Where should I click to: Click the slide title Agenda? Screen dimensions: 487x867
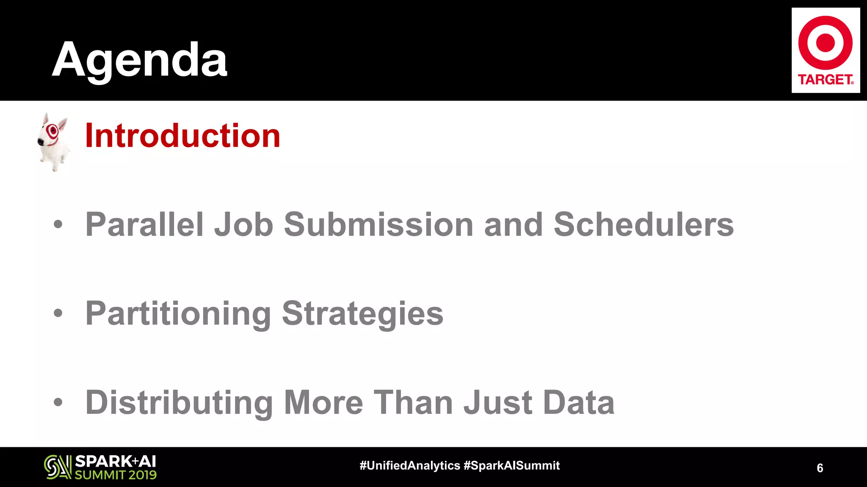click(139, 60)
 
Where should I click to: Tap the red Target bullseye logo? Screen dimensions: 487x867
click(825, 43)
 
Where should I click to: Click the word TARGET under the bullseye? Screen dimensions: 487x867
click(825, 79)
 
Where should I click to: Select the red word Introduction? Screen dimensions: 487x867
click(182, 136)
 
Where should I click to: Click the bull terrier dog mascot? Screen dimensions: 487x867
click(53, 142)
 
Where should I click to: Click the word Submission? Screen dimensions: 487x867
click(378, 224)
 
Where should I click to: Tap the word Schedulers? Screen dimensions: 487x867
click(643, 224)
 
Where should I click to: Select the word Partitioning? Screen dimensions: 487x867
click(178, 314)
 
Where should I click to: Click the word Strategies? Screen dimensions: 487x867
click(362, 314)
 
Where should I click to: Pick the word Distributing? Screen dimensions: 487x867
click(179, 402)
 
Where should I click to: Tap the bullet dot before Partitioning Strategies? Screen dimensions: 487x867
click(58, 313)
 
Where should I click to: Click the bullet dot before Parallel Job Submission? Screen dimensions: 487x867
click(58, 224)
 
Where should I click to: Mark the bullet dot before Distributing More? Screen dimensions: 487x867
click(58, 402)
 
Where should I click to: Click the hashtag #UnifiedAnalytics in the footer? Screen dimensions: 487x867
click(409, 465)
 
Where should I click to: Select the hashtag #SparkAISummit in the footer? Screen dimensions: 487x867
click(512, 465)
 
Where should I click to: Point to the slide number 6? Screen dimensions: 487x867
click(820, 468)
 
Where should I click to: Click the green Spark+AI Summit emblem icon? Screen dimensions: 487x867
click(58, 467)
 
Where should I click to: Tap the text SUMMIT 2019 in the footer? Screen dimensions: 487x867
click(116, 475)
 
